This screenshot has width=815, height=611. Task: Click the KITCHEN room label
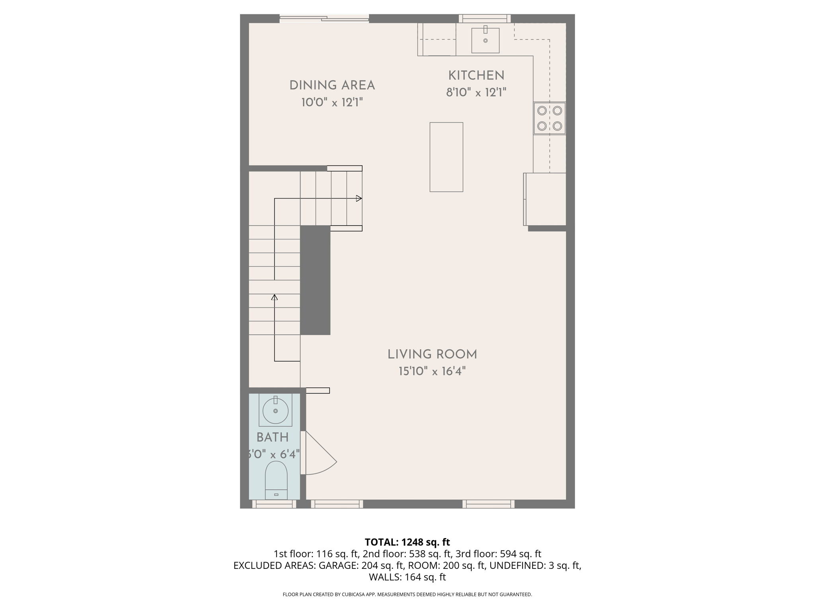pyautogui.click(x=476, y=76)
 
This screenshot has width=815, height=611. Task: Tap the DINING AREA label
pyautogui.click(x=332, y=86)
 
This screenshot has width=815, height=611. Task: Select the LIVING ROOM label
pyautogui.click(x=432, y=354)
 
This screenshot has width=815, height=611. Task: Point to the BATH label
pyautogui.click(x=273, y=438)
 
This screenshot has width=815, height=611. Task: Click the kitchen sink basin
pyautogui.click(x=485, y=40)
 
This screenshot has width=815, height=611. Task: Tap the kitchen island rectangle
pyautogui.click(x=446, y=157)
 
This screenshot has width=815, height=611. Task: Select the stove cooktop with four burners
pyautogui.click(x=550, y=118)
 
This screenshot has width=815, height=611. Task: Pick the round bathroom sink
pyautogui.click(x=275, y=411)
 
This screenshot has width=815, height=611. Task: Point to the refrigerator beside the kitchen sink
pyautogui.click(x=437, y=39)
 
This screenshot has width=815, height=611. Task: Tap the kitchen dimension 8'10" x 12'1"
pyautogui.click(x=476, y=93)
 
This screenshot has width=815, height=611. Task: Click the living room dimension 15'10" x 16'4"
pyautogui.click(x=432, y=372)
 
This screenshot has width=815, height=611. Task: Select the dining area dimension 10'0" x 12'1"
pyautogui.click(x=332, y=103)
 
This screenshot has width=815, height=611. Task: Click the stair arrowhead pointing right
pyautogui.click(x=359, y=198)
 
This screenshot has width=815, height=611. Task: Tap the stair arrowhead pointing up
pyautogui.click(x=274, y=297)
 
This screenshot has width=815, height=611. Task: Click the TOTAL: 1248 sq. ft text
pyautogui.click(x=407, y=542)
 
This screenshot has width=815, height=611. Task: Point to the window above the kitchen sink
pyautogui.click(x=485, y=18)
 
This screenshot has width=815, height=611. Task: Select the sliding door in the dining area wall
pyautogui.click(x=324, y=18)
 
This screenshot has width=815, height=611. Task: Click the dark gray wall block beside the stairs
pyautogui.click(x=315, y=280)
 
